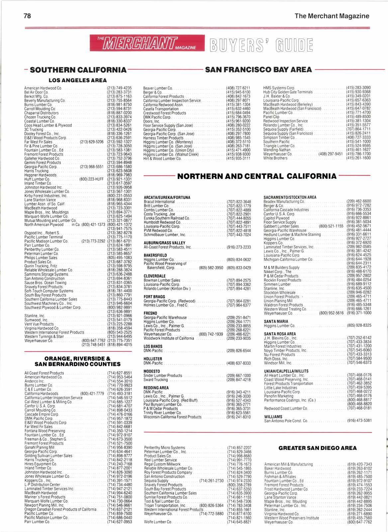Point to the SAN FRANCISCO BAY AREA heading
[x=258, y=70]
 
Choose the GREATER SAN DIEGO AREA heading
[x=317, y=448]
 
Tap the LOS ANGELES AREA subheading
[x=78, y=80]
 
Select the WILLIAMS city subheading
[x=273, y=416]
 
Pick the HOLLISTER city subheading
[x=152, y=359]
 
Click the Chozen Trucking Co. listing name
[x=40, y=117]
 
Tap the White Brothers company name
[x=275, y=158]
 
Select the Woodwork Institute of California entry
[x=168, y=338]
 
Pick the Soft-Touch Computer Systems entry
[x=48, y=291]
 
